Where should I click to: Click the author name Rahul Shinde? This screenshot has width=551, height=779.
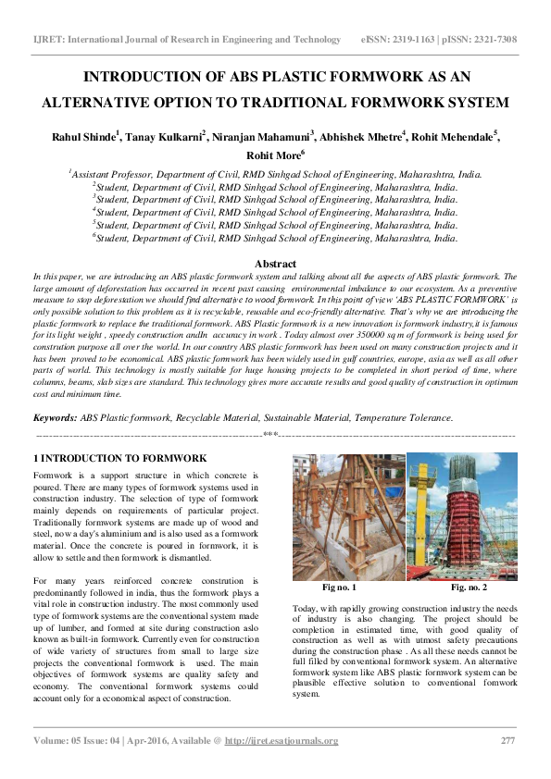[x=86, y=137]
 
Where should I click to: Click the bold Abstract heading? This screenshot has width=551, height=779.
[x=275, y=265]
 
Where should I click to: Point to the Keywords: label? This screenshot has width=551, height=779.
[x=56, y=418]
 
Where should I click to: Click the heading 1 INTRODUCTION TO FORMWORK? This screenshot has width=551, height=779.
[x=119, y=458]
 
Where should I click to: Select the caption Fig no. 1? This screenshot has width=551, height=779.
[x=339, y=587]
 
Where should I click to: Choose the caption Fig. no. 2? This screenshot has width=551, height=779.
[x=469, y=587]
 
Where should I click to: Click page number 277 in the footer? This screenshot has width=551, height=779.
[x=507, y=740]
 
